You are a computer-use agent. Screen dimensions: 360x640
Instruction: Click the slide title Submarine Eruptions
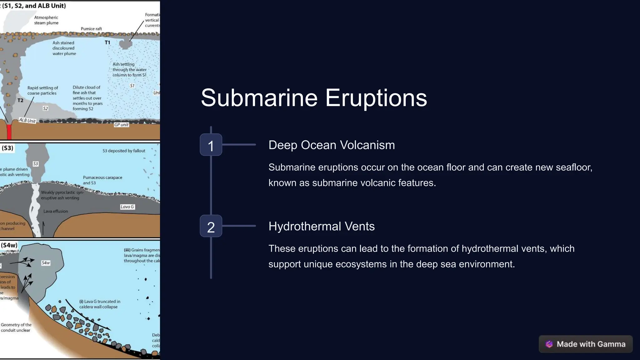pos(313,98)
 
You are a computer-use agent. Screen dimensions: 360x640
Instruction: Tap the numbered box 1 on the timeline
pos(211,145)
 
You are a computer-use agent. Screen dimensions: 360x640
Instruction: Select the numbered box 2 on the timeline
pos(211,226)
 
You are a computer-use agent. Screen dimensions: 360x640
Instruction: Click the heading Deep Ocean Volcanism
pos(332,145)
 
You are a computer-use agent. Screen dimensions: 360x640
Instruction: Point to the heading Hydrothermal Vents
pos(321,226)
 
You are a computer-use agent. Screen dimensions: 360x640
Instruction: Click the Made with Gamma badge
pos(586,344)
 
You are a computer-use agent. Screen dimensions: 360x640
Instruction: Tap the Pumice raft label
pos(91,29)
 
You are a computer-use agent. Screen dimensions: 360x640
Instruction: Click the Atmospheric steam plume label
pos(46,20)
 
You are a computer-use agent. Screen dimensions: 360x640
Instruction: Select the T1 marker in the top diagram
pos(107,42)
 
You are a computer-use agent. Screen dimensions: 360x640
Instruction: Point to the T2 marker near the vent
pos(20,100)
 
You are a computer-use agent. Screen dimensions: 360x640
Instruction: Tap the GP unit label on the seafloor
pos(121,125)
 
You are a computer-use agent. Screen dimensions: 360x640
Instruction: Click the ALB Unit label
pos(27,120)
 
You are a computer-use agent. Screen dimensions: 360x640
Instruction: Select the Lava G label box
pos(127,207)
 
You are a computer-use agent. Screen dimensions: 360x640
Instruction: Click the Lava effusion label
pos(56,211)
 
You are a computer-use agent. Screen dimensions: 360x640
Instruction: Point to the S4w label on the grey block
pos(46,263)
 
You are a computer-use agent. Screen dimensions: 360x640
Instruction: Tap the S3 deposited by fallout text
pos(124,151)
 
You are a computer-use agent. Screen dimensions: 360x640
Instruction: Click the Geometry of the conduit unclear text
pos(16,327)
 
